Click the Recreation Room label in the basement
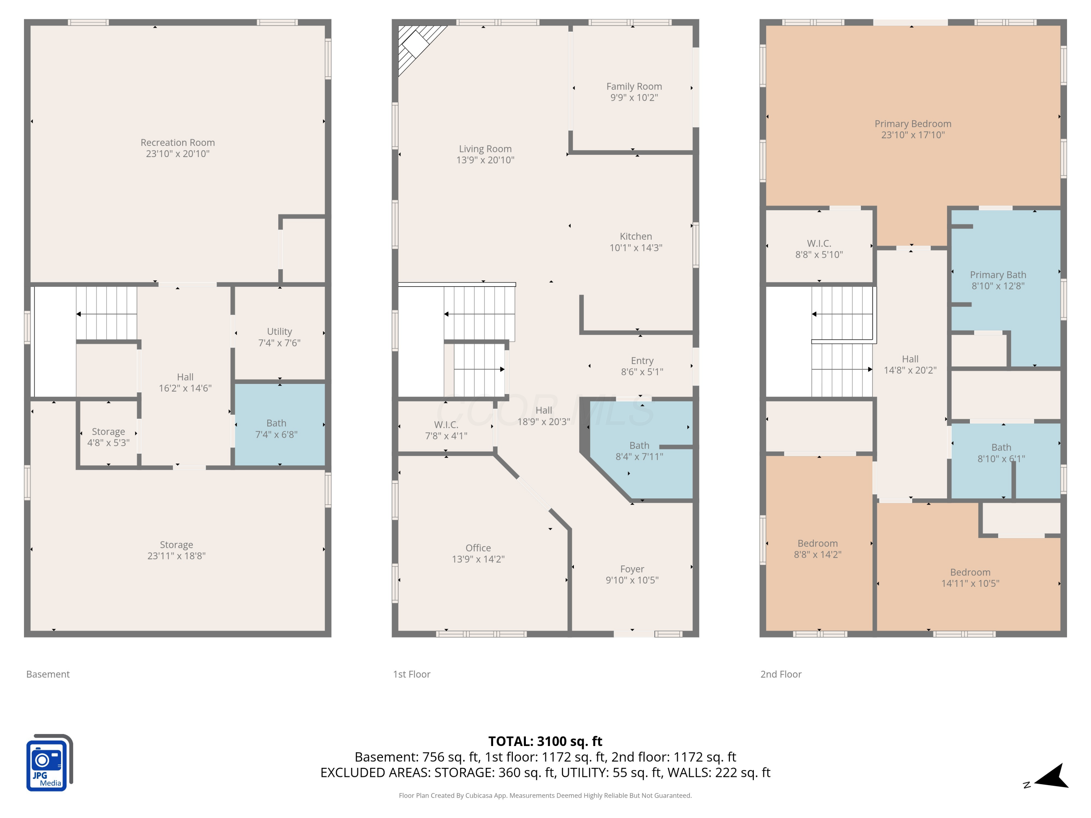177,143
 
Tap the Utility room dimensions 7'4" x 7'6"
279,343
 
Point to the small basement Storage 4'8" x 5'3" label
108,437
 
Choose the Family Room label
634,86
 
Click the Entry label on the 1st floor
642,360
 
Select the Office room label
478,548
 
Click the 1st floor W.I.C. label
446,425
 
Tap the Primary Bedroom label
913,124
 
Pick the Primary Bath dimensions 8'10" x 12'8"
998,286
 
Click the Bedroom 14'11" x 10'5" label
970,577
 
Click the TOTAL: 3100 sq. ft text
545,741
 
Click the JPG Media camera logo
49,763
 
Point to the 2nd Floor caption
781,674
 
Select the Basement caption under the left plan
48,674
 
